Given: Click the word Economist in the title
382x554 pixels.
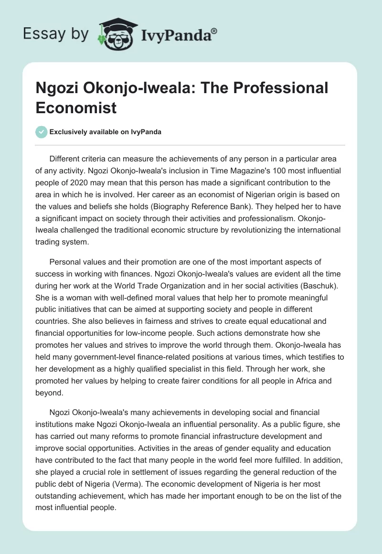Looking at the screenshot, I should pos(76,107).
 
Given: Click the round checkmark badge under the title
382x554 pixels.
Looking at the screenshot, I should pos(42,132).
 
